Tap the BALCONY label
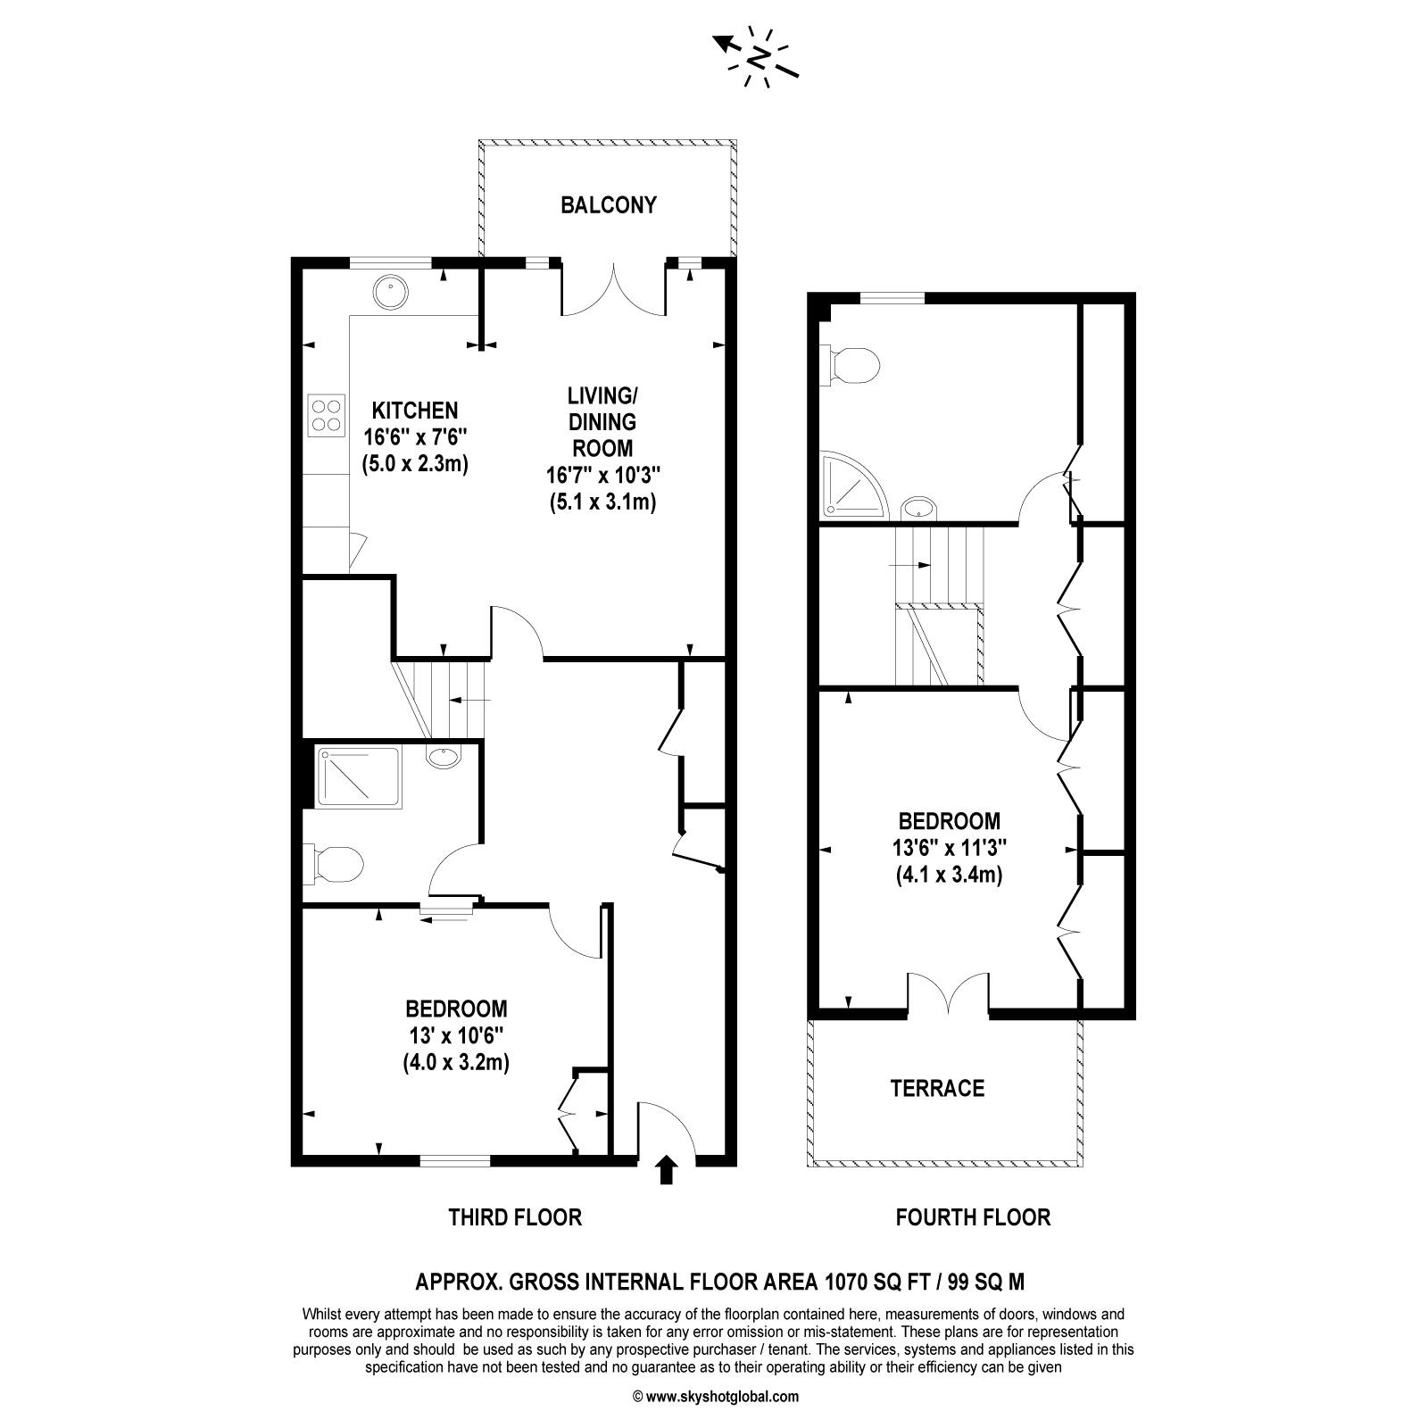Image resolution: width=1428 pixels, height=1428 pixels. (x=609, y=205)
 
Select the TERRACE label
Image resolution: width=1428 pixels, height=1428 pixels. (x=937, y=1088)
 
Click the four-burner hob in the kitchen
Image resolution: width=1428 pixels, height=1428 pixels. (x=326, y=415)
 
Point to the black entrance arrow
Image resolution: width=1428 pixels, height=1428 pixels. (x=666, y=1170)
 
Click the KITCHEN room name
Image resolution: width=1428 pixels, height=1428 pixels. (x=415, y=411)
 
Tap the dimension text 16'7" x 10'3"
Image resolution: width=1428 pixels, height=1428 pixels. (x=603, y=475)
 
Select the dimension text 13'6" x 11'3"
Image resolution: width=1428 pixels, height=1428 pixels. (x=949, y=847)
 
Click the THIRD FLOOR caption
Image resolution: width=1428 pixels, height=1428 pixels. (x=515, y=1216)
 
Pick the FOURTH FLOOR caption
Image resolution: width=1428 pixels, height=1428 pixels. (x=973, y=1216)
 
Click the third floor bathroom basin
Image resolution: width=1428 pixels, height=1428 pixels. (x=444, y=758)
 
